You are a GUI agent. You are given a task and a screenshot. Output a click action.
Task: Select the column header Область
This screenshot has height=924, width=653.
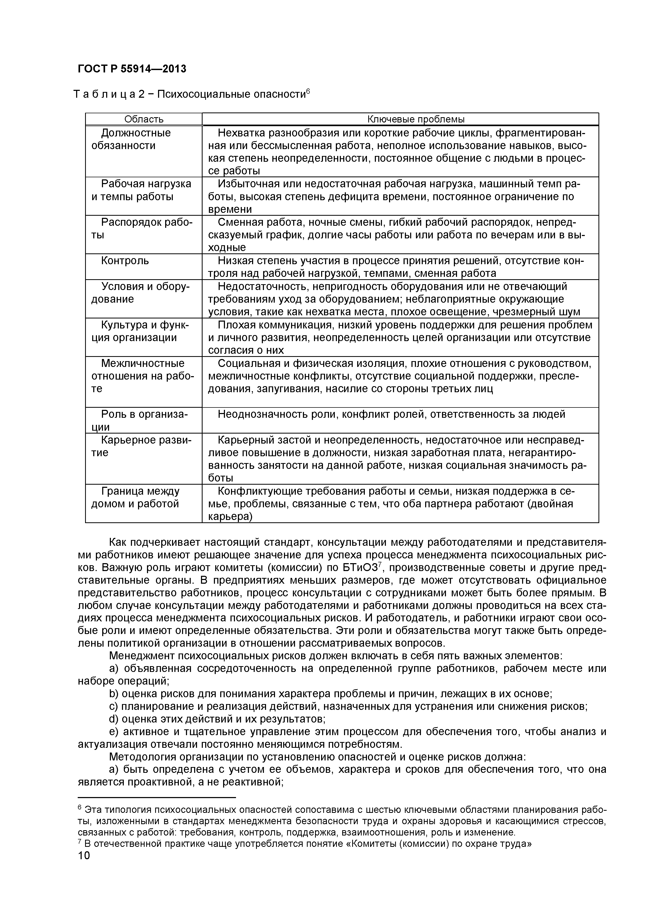[x=144, y=119]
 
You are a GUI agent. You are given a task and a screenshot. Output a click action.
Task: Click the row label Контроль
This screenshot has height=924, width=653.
[x=125, y=261]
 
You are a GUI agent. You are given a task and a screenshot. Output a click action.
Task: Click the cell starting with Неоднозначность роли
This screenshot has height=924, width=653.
[x=391, y=414]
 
